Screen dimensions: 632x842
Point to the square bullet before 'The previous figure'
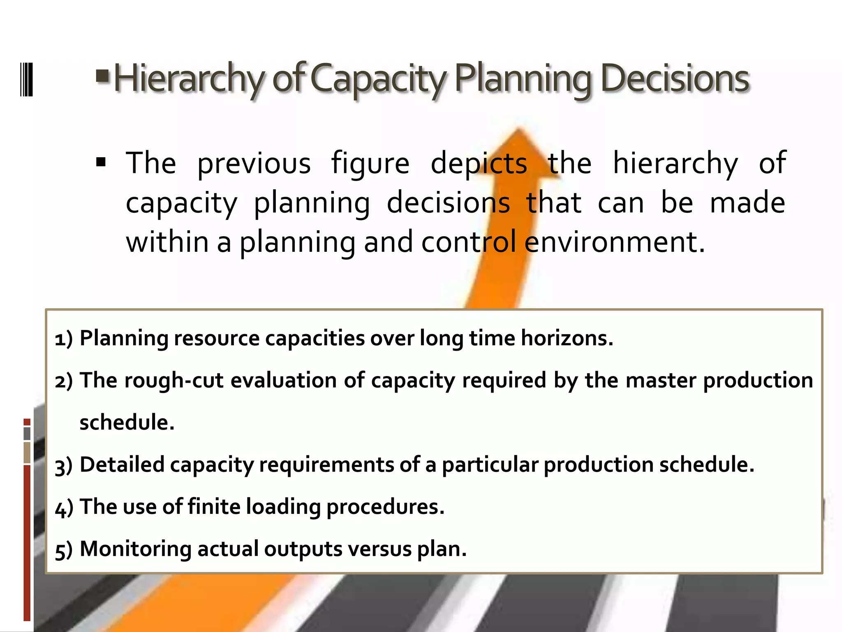(101, 163)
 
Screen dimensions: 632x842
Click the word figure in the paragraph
(370, 163)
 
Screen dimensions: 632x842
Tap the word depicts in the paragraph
(479, 163)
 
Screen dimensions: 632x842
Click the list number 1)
(64, 339)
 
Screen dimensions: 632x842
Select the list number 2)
(64, 381)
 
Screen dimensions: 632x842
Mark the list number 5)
(64, 550)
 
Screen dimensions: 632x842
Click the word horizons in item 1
(567, 338)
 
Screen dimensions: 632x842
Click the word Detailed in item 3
(122, 465)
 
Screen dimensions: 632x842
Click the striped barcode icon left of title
(26, 79)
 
